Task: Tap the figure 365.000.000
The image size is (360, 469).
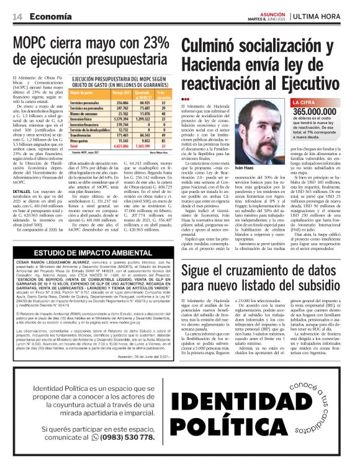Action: tap(317, 110)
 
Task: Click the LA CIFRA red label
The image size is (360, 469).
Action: tap(305, 102)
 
